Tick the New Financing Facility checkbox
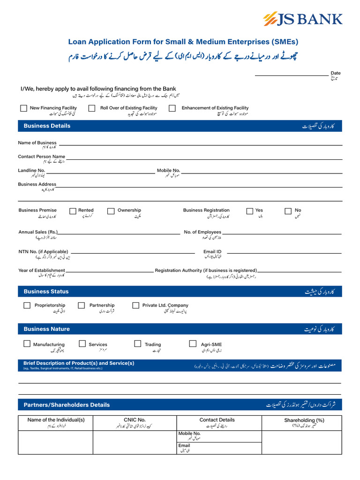click(x=23, y=108)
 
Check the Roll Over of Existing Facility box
click(x=91, y=108)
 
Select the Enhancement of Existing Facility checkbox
click(x=172, y=108)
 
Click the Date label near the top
click(x=336, y=73)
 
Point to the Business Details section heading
click(x=47, y=126)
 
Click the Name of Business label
click(x=37, y=142)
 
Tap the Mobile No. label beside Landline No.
click(x=168, y=171)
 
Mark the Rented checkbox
click(x=73, y=211)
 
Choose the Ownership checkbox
click(x=111, y=211)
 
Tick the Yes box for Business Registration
click(x=249, y=211)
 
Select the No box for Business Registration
click(x=288, y=211)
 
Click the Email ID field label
click(x=212, y=252)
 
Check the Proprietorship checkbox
click(x=27, y=306)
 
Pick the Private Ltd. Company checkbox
click(x=136, y=306)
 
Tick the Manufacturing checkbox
click(x=27, y=344)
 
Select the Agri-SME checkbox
click(x=193, y=344)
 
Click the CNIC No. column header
click(x=135, y=420)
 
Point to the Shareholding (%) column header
click(x=304, y=420)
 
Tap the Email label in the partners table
click(x=184, y=445)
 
